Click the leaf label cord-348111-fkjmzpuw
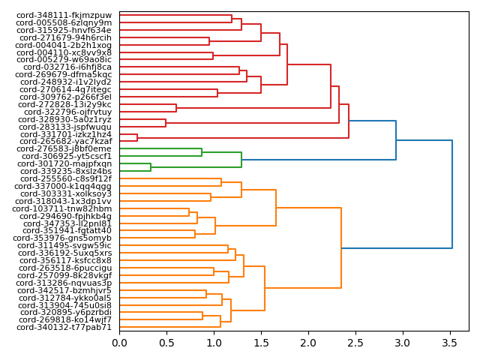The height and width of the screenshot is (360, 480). [x=64, y=16]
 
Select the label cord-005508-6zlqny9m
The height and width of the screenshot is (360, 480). [x=64, y=23]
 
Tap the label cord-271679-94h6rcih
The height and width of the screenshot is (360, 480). [x=64, y=37]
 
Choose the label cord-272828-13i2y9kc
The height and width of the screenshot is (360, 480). [x=65, y=104]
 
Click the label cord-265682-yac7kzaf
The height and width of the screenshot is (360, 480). [x=65, y=142]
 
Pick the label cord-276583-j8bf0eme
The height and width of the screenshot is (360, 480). [x=64, y=149]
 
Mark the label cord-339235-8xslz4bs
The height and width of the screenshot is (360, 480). [x=65, y=171]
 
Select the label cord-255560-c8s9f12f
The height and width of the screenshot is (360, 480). [x=65, y=178]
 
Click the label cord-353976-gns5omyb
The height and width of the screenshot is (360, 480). [x=64, y=238]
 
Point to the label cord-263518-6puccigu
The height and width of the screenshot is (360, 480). [x=65, y=268]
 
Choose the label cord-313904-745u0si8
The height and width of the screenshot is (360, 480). [x=65, y=305]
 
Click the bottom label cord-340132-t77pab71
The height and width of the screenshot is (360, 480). [x=64, y=327]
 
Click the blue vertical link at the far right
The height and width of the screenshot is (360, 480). [x=452, y=194]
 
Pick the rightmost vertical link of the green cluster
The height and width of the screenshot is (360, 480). [x=241, y=160]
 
